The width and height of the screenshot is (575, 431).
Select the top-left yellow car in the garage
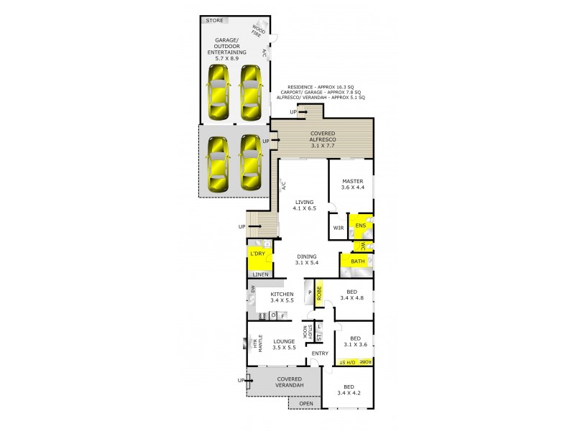click(216, 93)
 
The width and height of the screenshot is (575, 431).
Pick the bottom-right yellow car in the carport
click(249, 162)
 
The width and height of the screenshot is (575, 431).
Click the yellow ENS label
click(360, 226)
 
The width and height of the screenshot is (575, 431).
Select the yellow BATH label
click(357, 261)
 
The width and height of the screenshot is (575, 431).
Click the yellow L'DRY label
click(257, 255)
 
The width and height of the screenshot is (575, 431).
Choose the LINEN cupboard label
click(260, 274)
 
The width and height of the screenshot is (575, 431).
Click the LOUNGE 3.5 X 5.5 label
click(284, 343)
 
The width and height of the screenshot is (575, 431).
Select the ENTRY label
click(320, 353)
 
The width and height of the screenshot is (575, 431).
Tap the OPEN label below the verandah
click(305, 404)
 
